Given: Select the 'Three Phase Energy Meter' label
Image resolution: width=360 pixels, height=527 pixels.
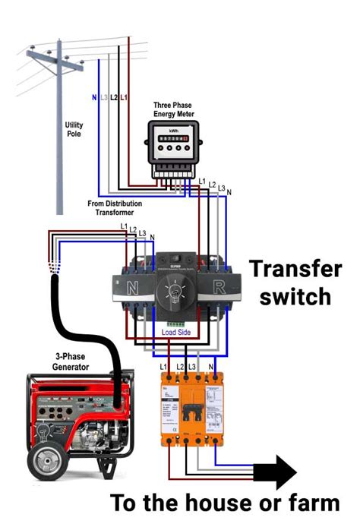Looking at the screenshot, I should pos(173,109).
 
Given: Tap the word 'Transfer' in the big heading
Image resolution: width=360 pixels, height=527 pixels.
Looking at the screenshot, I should pos(296,269).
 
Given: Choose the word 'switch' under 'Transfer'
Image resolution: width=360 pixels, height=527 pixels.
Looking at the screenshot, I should pos(295,296).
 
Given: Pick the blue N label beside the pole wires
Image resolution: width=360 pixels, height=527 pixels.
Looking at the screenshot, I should pos(94,98).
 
